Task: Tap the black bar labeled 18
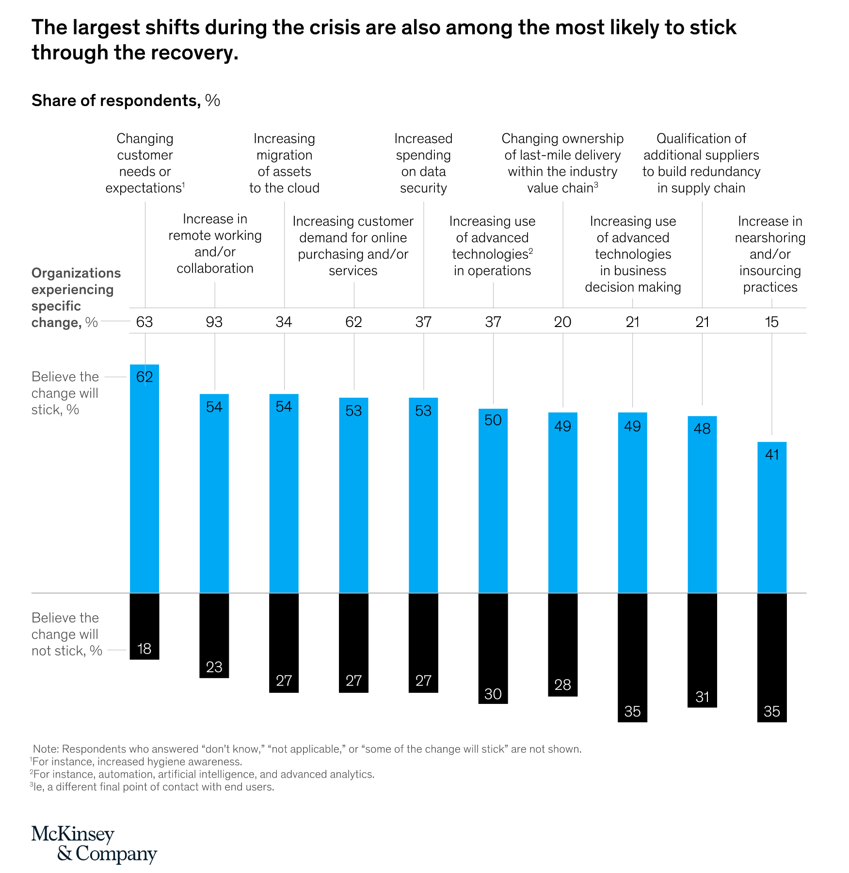[x=144, y=626]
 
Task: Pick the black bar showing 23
[x=214, y=635]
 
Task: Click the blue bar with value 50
[x=493, y=501]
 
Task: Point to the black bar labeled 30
[x=493, y=648]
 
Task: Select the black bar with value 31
[x=702, y=650]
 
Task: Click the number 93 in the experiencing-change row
[x=214, y=322]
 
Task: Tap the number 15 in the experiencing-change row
[x=771, y=322]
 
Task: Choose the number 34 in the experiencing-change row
[x=284, y=322]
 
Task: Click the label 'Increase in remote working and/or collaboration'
[x=215, y=244]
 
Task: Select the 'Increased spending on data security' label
[x=423, y=163]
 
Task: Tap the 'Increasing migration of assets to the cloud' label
[x=284, y=163]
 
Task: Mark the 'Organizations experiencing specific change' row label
[x=76, y=297]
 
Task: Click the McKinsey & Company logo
[x=94, y=844]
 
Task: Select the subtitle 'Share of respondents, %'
[x=126, y=100]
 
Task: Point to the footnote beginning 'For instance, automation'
[x=202, y=774]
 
